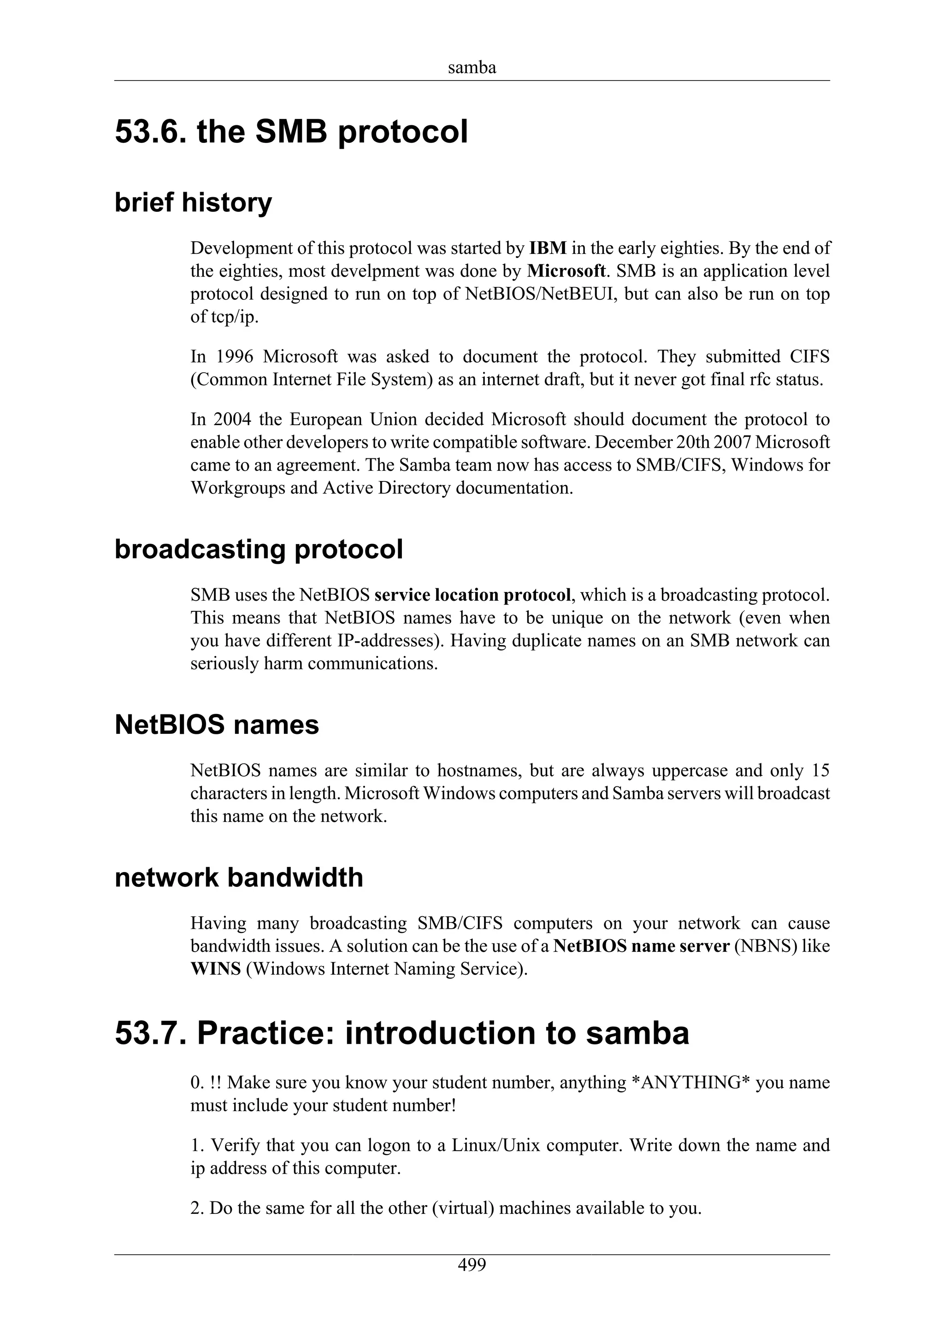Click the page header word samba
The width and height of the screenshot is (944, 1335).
point(472,68)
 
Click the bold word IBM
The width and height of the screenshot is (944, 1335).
point(548,248)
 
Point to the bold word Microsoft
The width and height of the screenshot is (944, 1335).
point(566,271)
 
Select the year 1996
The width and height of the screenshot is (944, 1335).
point(235,357)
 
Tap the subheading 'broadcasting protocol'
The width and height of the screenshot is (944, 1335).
point(258,550)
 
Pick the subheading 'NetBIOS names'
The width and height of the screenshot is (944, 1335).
point(217,725)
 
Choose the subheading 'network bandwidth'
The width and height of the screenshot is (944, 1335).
point(238,878)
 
